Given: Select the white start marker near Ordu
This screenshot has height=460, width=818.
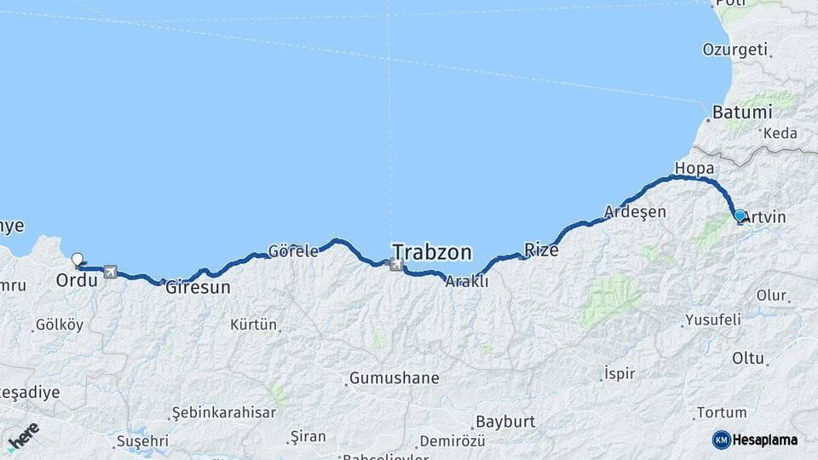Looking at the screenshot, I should (x=78, y=260).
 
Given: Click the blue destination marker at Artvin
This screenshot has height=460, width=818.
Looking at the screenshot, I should (x=740, y=216).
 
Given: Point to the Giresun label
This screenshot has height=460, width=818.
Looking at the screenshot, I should (x=198, y=287).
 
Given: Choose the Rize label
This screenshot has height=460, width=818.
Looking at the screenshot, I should (x=541, y=250).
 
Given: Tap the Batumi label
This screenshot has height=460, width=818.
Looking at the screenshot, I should (x=742, y=112).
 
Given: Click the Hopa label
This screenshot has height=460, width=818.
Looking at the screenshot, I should (x=694, y=167).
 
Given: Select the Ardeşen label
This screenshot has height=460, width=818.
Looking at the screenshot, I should (x=634, y=211).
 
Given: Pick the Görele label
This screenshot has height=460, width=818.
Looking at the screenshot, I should (x=293, y=251).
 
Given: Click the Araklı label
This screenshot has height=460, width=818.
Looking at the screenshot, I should (x=467, y=281).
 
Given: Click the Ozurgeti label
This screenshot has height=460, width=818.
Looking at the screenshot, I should (x=734, y=49).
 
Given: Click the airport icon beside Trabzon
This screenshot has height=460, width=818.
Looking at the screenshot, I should (x=395, y=265).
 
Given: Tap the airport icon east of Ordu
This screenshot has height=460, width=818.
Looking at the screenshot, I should (x=110, y=272).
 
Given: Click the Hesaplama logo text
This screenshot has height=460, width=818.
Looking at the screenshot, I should (x=764, y=440).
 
